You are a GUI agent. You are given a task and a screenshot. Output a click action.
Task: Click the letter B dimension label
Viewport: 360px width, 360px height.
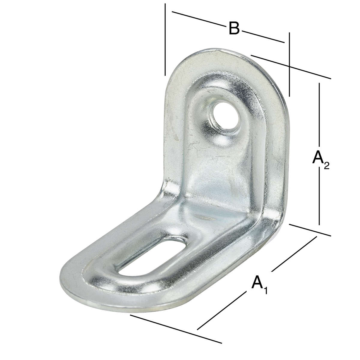234,28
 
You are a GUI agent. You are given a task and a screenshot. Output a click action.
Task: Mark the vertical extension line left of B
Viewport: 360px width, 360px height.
165,39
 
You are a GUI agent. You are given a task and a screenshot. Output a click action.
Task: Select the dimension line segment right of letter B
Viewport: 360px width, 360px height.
262,36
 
